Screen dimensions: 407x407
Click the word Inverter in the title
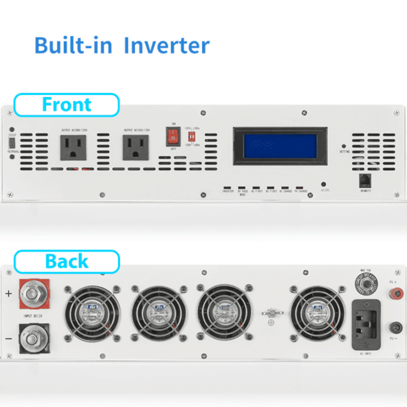(x=166, y=46)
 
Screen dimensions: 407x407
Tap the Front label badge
(x=67, y=105)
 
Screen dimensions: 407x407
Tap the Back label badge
(x=67, y=261)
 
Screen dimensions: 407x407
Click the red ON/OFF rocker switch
(x=173, y=136)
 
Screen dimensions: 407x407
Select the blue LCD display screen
(x=280, y=146)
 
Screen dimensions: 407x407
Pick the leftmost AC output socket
(x=73, y=148)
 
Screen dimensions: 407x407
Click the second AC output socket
(x=135, y=148)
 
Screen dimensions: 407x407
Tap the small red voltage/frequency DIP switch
(x=192, y=136)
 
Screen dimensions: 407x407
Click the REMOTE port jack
(x=365, y=181)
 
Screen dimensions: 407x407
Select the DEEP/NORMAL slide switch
(x=12, y=143)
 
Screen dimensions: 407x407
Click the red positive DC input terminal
(x=34, y=294)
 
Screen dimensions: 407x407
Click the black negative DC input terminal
(x=34, y=338)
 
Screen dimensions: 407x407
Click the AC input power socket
(x=366, y=325)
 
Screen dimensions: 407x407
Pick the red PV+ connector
(x=396, y=293)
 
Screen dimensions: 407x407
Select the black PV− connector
(x=396, y=328)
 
